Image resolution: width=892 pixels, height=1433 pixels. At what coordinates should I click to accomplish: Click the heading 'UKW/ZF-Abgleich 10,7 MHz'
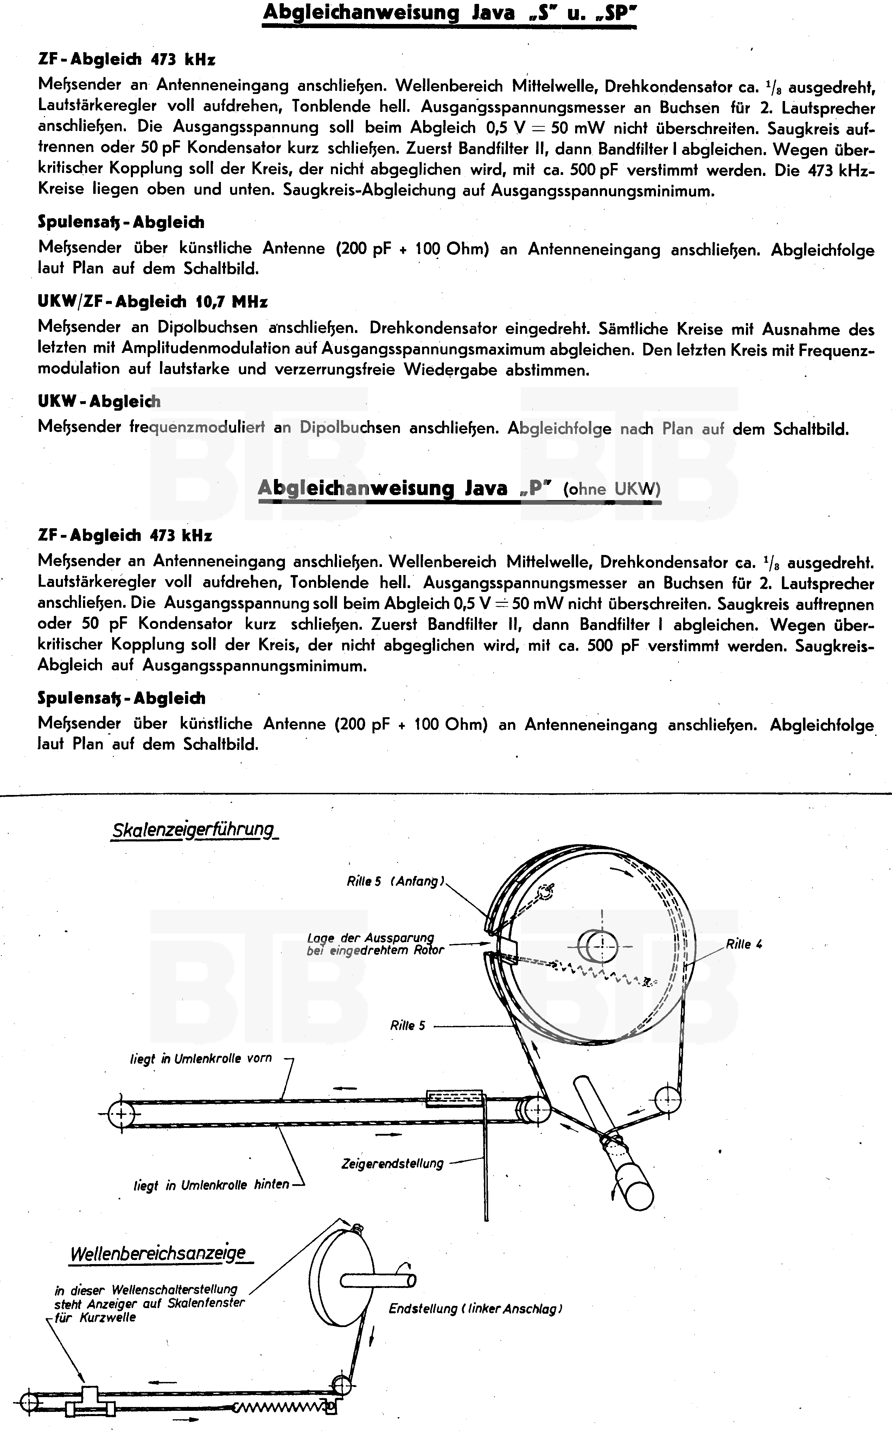point(152,302)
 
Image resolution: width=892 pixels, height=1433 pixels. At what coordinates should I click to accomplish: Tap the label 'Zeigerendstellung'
point(392,1163)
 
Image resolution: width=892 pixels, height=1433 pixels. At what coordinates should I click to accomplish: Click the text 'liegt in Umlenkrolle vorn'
point(200,1058)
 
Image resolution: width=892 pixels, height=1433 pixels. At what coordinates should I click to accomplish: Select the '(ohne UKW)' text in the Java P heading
point(612,489)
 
